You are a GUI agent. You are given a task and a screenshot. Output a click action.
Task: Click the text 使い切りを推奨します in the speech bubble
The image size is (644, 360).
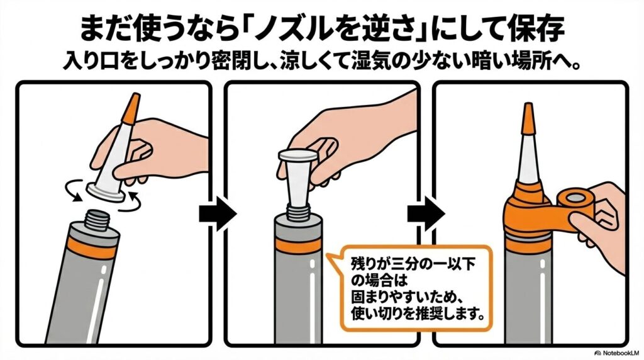coord(413,312)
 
